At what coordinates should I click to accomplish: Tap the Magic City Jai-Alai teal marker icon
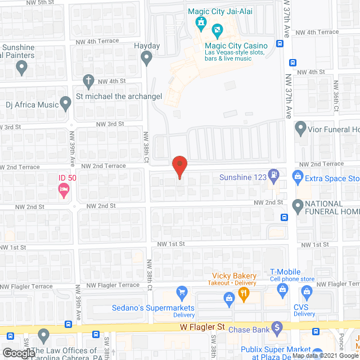click(x=199, y=22)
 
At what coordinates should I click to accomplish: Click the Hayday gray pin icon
click(x=146, y=57)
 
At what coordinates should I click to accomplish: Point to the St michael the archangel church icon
click(x=88, y=80)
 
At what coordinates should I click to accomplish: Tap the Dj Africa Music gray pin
click(x=67, y=103)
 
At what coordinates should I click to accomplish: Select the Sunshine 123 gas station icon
click(x=273, y=174)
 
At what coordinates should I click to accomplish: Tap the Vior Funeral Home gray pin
click(x=300, y=128)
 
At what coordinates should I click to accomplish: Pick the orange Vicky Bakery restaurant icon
click(x=243, y=292)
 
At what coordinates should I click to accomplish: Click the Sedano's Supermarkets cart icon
click(x=181, y=291)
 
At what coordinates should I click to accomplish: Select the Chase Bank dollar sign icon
click(x=276, y=326)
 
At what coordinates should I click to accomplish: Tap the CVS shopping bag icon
click(x=306, y=291)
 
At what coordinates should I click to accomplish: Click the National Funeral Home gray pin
click(x=298, y=204)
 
